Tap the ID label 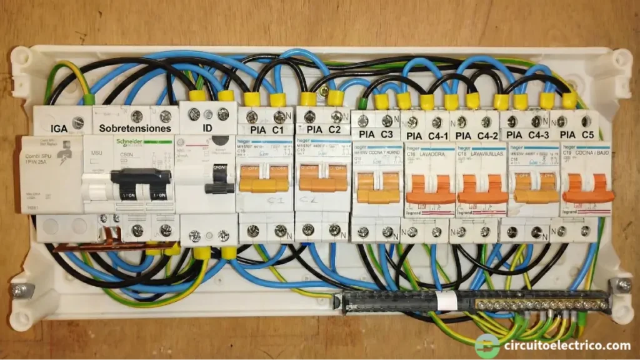pyautogui.click(x=206, y=128)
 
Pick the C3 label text pyautogui.click(x=387, y=134)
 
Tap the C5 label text pyautogui.click(x=587, y=135)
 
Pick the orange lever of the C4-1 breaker pyautogui.click(x=429, y=190)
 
